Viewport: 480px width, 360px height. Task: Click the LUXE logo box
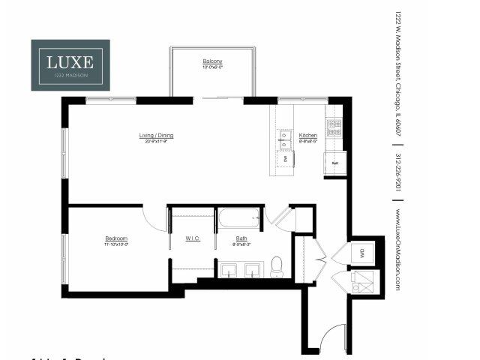[70, 65]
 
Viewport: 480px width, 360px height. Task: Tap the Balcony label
[212, 63]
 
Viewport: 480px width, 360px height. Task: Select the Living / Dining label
[156, 137]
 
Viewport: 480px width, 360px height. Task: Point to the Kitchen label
[308, 137]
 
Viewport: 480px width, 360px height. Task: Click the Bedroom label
[116, 240]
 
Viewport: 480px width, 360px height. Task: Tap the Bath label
[241, 240]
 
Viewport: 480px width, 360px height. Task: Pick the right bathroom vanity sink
[253, 270]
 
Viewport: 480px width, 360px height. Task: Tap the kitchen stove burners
[333, 127]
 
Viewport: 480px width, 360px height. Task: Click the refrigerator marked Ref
[334, 162]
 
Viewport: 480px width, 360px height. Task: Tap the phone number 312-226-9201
[397, 175]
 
